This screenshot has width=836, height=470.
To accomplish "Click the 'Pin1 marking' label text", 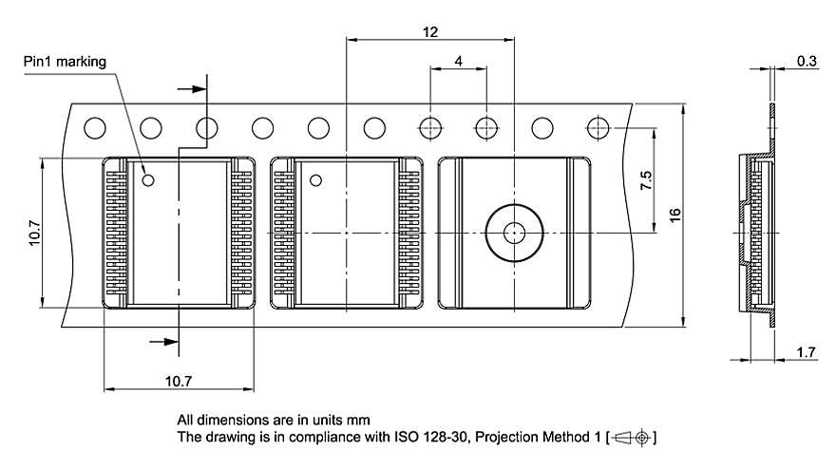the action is [65, 62].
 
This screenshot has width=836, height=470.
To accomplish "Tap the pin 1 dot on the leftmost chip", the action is [148, 180].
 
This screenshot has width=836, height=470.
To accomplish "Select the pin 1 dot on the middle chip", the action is [315, 180].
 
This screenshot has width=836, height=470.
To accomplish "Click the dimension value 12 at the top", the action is [430, 32].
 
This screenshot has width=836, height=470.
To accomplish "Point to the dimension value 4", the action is [459, 62].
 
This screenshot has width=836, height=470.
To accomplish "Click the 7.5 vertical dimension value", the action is [646, 180].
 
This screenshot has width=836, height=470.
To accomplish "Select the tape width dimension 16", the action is [675, 216].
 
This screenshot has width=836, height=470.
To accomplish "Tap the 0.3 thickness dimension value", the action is [807, 61].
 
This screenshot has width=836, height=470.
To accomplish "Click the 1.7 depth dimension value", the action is [806, 352].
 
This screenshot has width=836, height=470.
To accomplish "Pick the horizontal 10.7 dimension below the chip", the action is [178, 381].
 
